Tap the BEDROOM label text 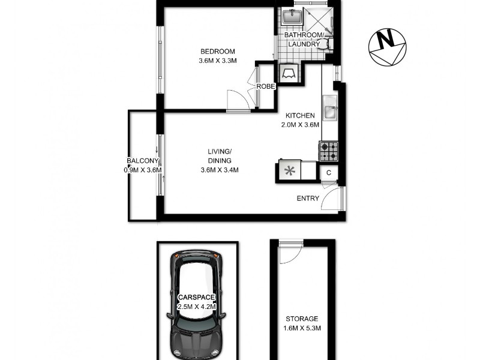coord(218,51)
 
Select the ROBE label coord(265,86)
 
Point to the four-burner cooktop coord(329,150)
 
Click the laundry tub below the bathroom coord(289,71)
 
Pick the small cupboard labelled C coord(329,173)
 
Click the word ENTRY coord(308,199)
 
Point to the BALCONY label coord(142,161)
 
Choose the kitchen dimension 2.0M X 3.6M coord(301,125)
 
